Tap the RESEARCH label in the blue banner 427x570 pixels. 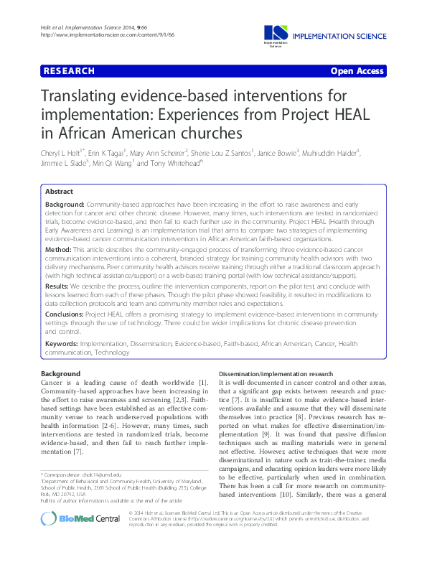(69, 71)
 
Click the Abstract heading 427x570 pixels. (59, 192)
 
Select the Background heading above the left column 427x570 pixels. (60, 374)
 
